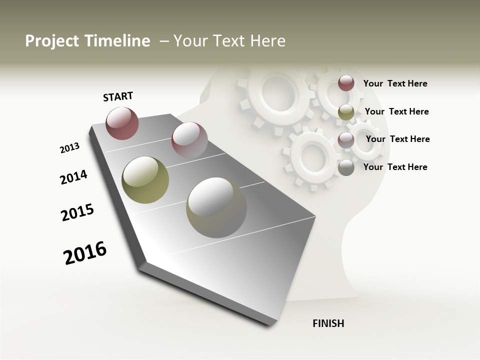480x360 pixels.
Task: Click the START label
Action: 118,96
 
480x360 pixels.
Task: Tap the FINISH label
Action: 328,323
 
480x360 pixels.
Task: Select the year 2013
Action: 70,148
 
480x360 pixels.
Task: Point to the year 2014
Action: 73,177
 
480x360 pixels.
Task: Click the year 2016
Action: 85,253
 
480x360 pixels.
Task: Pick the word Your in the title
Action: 189,41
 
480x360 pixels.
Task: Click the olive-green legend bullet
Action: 346,112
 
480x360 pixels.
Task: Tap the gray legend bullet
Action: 346,168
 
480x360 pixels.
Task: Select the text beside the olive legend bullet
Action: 396,111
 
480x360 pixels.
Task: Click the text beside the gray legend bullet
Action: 395,167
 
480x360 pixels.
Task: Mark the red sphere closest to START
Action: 122,123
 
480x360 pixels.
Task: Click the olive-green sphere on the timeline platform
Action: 145,180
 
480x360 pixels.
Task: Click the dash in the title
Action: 164,41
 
